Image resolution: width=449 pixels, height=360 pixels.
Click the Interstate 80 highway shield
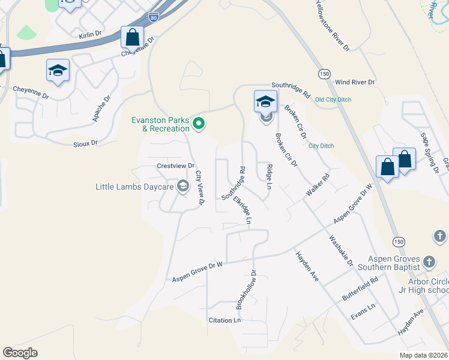click(154, 17)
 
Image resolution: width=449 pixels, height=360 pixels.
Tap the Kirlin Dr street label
click(92, 36)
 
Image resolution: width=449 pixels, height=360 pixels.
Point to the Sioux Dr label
click(86, 143)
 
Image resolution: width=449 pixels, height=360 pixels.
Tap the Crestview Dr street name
click(176, 166)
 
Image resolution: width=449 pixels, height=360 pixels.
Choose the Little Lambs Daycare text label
click(134, 187)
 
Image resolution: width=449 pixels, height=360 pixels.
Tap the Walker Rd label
click(318, 184)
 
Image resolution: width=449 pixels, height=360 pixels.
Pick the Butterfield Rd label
click(360, 289)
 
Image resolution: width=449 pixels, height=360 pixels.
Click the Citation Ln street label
click(224, 320)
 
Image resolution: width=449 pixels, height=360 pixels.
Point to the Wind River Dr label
click(355, 82)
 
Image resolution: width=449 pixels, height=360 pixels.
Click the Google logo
click(20, 353)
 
